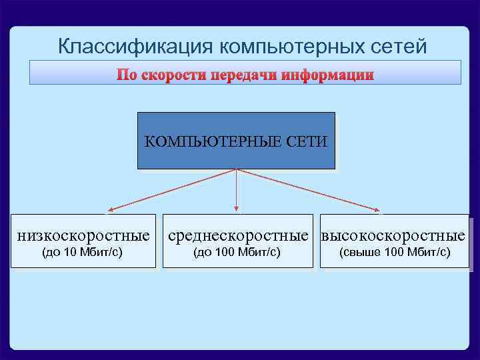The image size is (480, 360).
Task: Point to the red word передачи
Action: [x=243, y=75]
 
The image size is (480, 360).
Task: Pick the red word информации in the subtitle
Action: [x=327, y=75]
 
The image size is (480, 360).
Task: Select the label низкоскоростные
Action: [x=83, y=235]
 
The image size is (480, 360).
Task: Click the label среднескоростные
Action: [x=239, y=235]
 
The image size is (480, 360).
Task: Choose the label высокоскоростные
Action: [x=393, y=235]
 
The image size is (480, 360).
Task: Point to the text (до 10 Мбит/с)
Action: [x=82, y=252]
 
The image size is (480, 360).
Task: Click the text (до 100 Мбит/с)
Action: [x=236, y=252]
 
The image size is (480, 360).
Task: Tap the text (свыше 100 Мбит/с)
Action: [x=395, y=252]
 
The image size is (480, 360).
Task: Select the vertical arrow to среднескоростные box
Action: [x=236, y=193]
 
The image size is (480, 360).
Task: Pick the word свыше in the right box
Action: [x=361, y=252]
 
